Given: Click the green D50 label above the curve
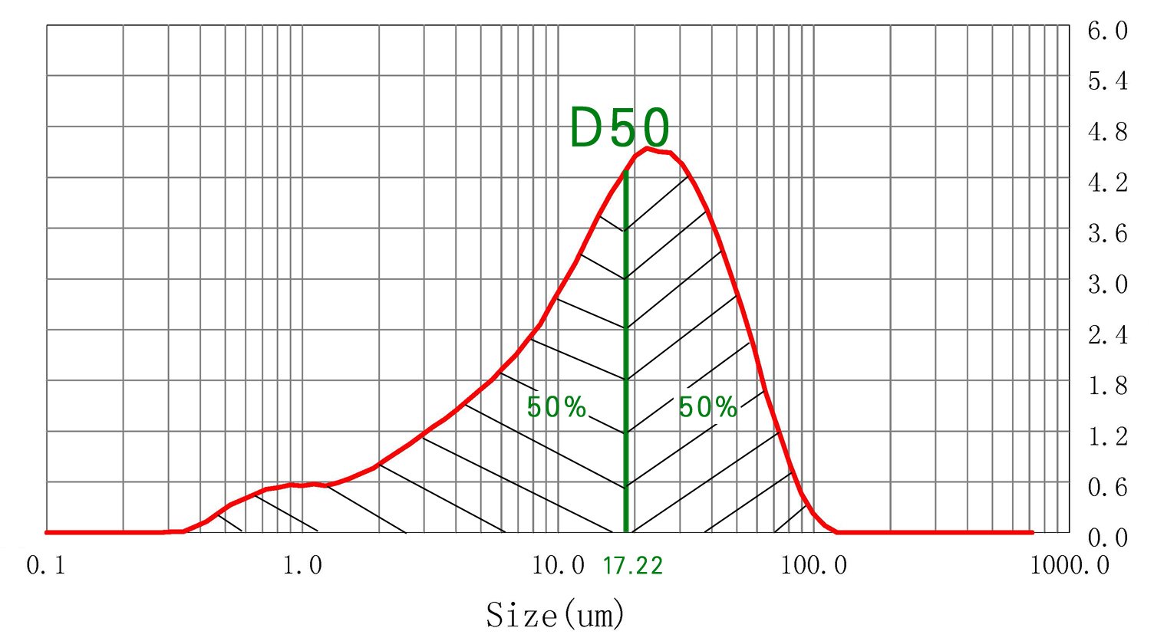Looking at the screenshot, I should coord(619,128).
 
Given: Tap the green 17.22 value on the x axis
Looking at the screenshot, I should coord(632,567).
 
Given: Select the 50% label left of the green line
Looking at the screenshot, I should coord(556,407).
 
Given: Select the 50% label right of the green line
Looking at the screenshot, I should coord(707,407).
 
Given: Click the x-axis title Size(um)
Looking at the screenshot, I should coord(556,615).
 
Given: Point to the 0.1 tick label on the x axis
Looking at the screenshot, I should coord(46,567).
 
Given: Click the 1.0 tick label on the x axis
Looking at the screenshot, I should coord(302,567).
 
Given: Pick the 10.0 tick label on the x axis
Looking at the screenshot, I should coord(558,567).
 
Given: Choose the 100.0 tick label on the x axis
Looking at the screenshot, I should coord(813,567).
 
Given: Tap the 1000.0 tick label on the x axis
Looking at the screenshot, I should coord(1070,567).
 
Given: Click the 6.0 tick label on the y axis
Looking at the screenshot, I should coord(1108,31).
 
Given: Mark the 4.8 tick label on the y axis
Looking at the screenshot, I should coord(1108,133).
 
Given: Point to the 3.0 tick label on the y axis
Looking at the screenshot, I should coord(1108,284).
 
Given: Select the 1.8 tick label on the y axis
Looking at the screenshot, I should coord(1108,386).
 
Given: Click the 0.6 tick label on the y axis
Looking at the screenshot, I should coord(1108,487).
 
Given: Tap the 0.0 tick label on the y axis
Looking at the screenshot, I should coord(1108,537).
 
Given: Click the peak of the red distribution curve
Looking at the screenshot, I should coord(649,149).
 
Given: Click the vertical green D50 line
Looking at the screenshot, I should coord(626,345).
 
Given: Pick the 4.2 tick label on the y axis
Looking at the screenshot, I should coord(1108,183).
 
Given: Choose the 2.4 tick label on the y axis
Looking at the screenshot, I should coord(1108,335).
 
